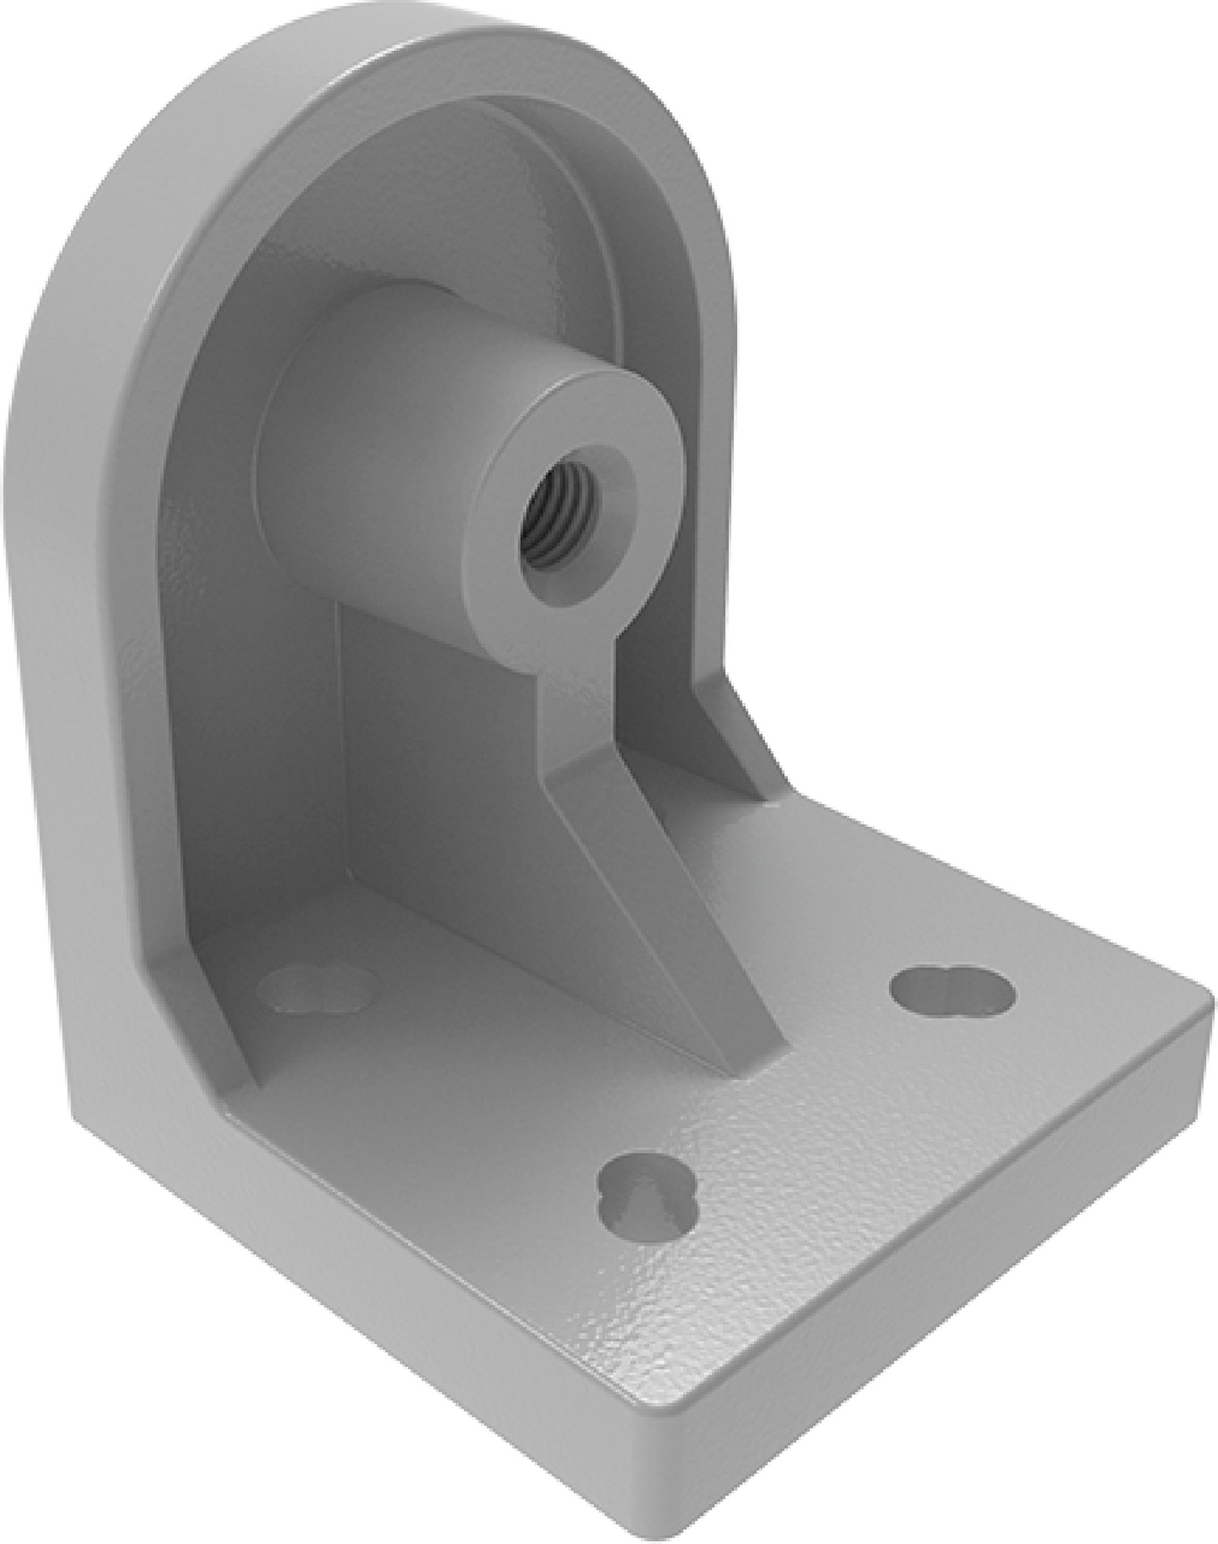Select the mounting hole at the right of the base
(952, 992)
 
